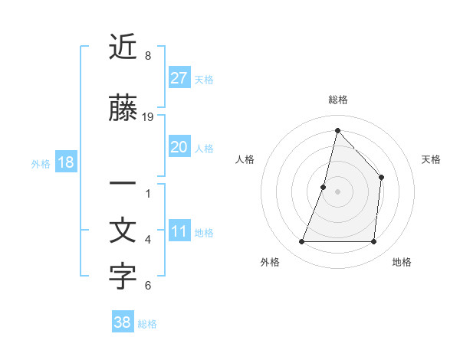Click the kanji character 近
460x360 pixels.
123,48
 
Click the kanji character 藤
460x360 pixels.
123,110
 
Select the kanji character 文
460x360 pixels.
123,231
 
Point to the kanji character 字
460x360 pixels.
123,277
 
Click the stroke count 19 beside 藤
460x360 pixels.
148,116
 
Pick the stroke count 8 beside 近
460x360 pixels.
148,56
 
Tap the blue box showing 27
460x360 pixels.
179,78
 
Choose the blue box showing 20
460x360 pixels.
179,147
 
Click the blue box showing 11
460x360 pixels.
179,231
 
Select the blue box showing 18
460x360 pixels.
65,162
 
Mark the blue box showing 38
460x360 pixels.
123,322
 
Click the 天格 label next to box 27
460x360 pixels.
204,79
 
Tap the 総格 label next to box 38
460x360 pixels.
147,323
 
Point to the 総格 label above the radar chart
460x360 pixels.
337,100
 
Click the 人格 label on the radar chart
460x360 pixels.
245,159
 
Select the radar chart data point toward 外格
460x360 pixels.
301,242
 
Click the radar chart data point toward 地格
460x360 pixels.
373,242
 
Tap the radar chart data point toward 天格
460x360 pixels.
381,178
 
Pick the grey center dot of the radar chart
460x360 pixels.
337,191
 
